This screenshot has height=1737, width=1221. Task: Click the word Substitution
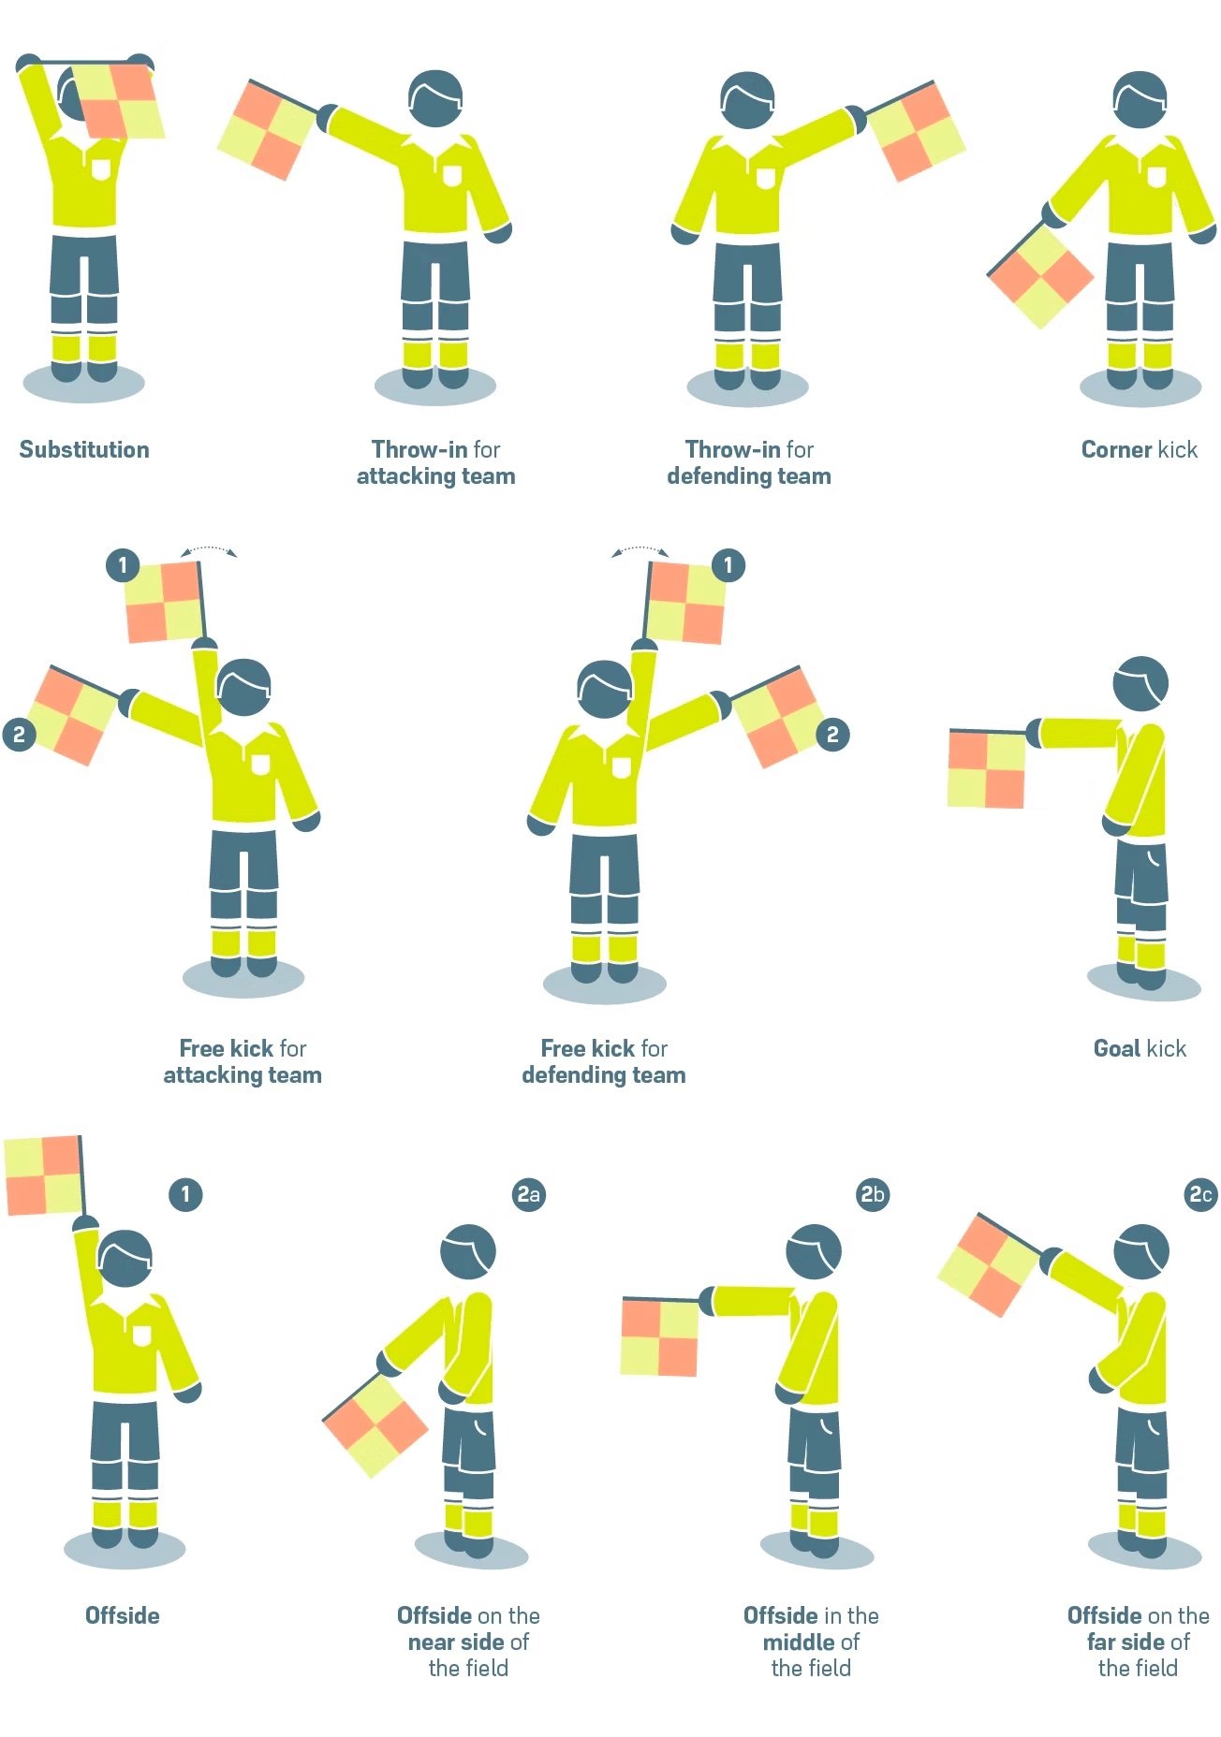[84, 449]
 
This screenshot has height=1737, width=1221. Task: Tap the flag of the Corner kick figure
[1040, 277]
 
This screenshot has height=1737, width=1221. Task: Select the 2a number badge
[529, 1194]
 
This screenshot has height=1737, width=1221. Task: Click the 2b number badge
[873, 1194]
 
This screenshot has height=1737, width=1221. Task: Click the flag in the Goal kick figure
[987, 769]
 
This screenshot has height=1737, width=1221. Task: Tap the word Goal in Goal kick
[1116, 1048]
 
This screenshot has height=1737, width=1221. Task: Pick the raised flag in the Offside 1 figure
[43, 1175]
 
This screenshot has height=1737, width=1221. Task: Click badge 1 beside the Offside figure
[185, 1194]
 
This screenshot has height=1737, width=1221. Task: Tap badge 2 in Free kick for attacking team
[19, 735]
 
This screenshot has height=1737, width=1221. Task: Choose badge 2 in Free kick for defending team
[832, 735]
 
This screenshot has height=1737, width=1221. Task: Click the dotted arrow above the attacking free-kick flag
[209, 550]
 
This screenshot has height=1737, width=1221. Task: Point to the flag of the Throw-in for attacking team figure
[266, 130]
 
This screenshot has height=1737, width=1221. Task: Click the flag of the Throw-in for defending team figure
[915, 131]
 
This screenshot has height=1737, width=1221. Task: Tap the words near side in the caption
[457, 1642]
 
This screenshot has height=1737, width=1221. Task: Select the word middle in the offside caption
[799, 1642]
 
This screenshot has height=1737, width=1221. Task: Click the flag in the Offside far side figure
[989, 1264]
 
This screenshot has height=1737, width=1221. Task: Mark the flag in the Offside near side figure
[375, 1425]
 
